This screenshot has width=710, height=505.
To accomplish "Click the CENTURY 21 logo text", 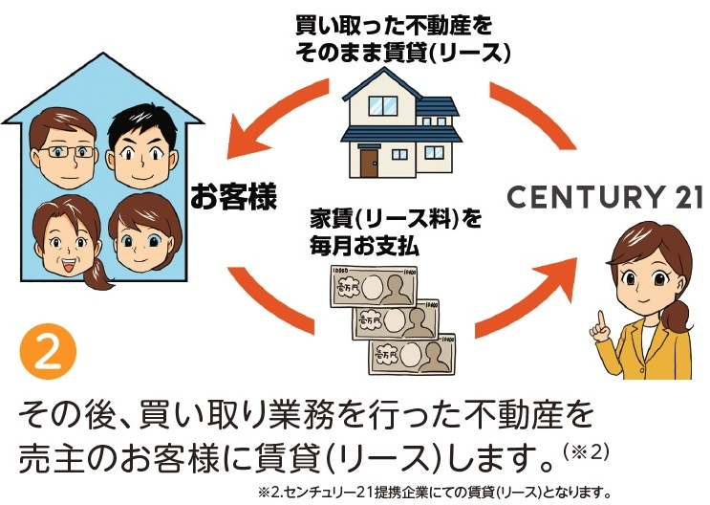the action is tap(605, 197).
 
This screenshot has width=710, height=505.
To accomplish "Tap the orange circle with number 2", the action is tap(48, 351).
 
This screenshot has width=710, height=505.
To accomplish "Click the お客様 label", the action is tap(233, 196).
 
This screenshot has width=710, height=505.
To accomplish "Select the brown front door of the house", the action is tap(369, 164).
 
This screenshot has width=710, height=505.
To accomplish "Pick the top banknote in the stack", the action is tap(374, 287).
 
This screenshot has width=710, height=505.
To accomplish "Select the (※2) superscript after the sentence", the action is tap(586, 452).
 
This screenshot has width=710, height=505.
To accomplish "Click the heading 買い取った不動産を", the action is tap(394, 26).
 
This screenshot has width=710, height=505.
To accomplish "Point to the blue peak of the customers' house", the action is tap(103, 55).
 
